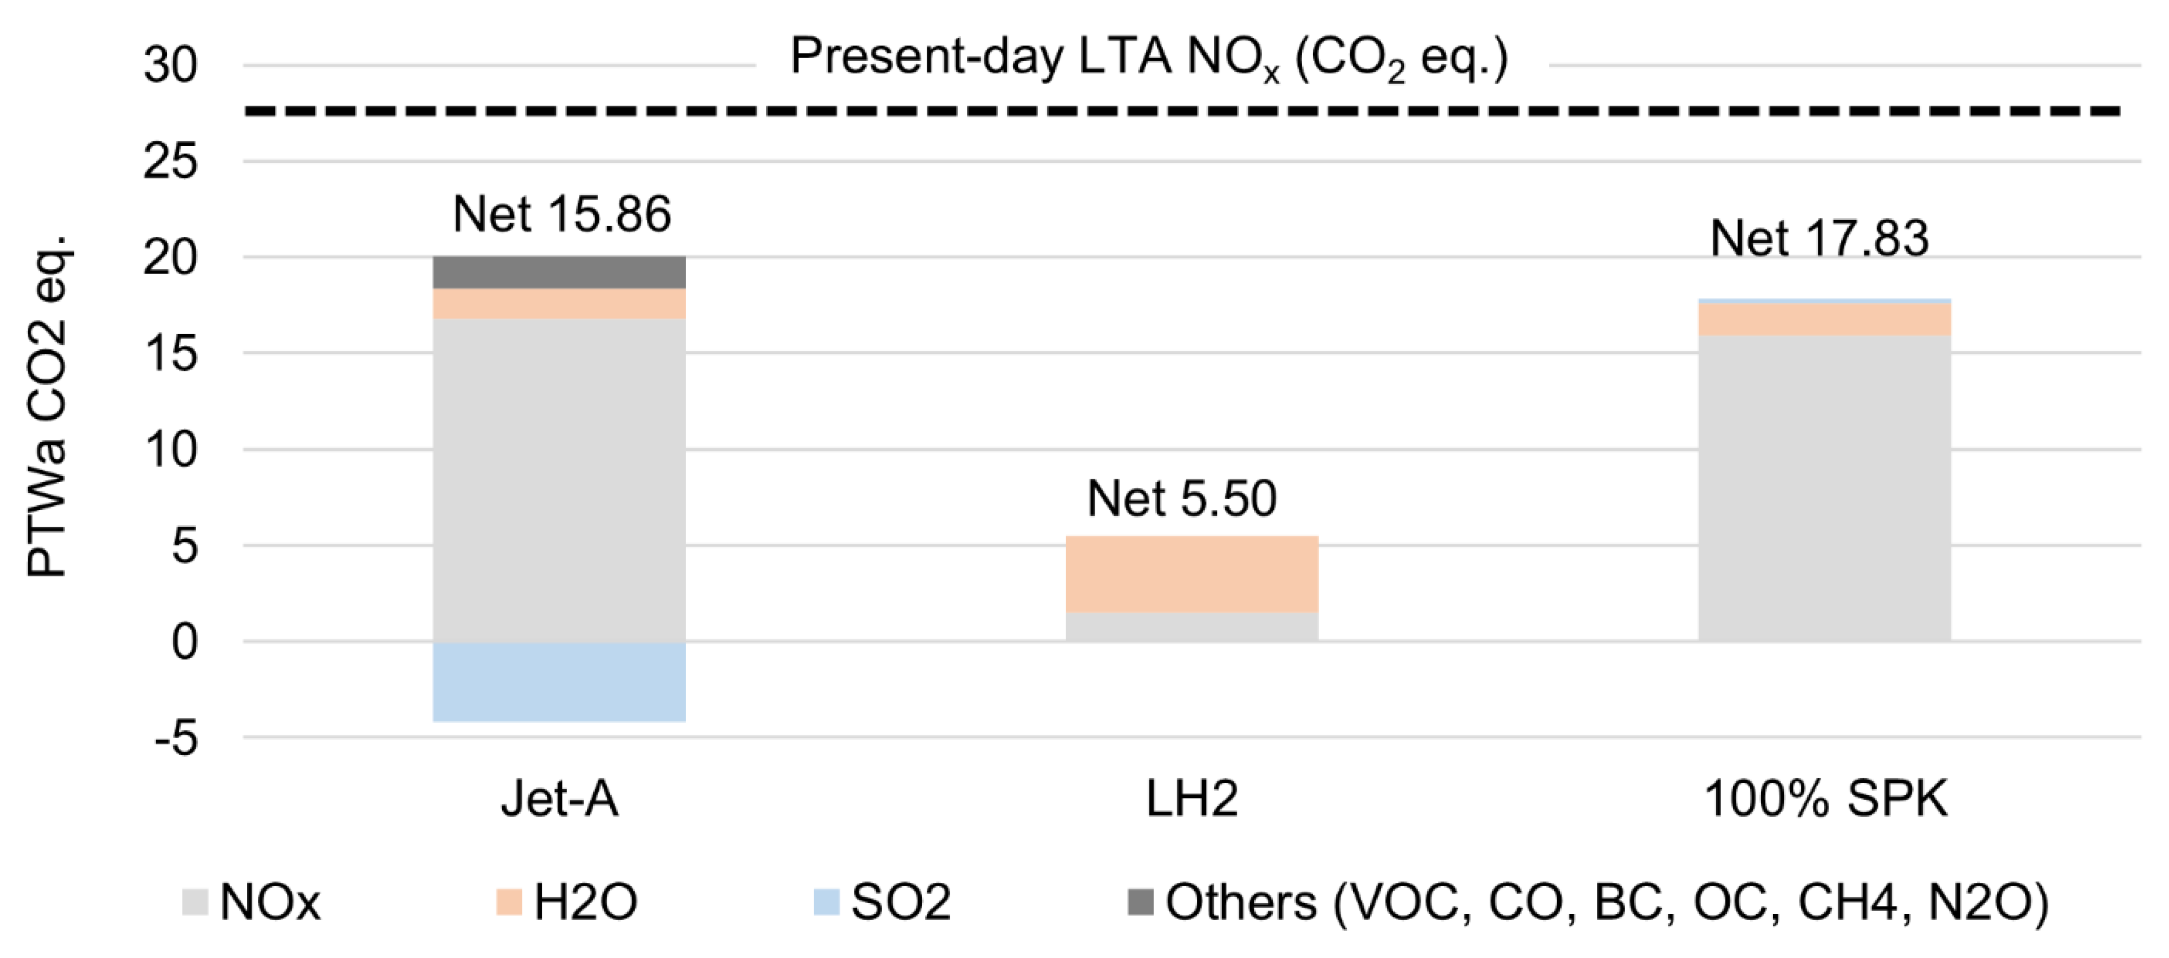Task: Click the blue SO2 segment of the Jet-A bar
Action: click(x=559, y=681)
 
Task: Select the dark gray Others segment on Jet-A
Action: click(x=559, y=272)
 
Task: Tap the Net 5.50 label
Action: click(x=1181, y=498)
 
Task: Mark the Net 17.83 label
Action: click(x=1819, y=239)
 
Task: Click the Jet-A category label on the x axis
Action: click(x=559, y=798)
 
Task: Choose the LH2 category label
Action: click(x=1191, y=798)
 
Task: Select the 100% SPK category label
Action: click(x=1825, y=798)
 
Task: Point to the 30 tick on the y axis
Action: click(x=170, y=65)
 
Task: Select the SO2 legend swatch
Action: click(x=826, y=901)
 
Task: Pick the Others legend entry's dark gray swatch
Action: click(x=1140, y=901)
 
